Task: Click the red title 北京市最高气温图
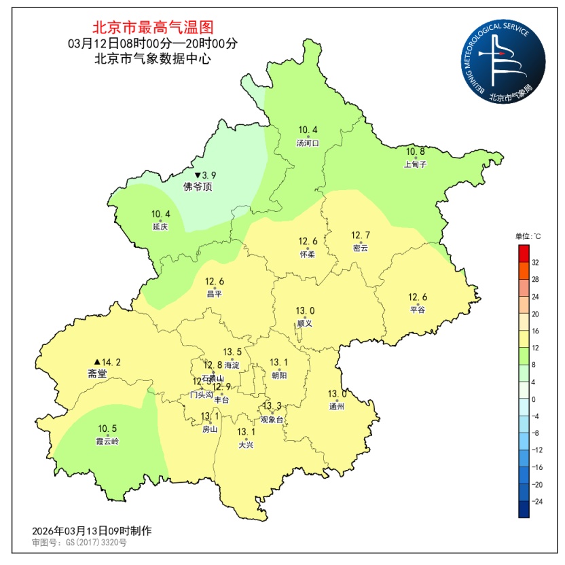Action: pyautogui.click(x=153, y=28)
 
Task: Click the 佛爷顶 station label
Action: pyautogui.click(x=198, y=186)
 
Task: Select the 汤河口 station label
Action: pyautogui.click(x=308, y=143)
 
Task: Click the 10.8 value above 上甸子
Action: pyautogui.click(x=415, y=151)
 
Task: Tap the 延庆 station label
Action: pyautogui.click(x=160, y=227)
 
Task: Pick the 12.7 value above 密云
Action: pyautogui.click(x=361, y=236)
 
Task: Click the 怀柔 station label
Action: pyautogui.click(x=308, y=254)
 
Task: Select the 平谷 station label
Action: pyautogui.click(x=417, y=310)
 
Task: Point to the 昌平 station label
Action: pyautogui.click(x=215, y=294)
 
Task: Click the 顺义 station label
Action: pyautogui.click(x=305, y=324)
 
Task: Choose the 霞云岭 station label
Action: pyautogui.click(x=107, y=441)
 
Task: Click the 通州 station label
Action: pyautogui.click(x=337, y=406)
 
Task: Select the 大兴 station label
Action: pyautogui.click(x=246, y=445)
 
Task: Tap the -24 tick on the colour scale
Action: pyautogui.click(x=536, y=501)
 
